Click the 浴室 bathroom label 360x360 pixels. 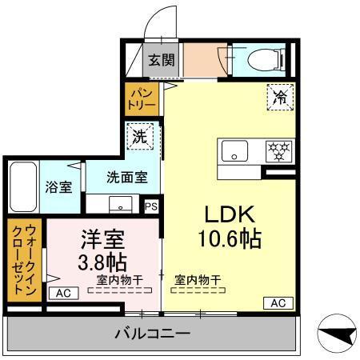coord(58,188)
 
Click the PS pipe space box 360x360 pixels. coord(151,206)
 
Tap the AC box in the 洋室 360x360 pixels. coord(64,294)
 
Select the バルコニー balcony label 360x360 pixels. coord(150,334)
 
